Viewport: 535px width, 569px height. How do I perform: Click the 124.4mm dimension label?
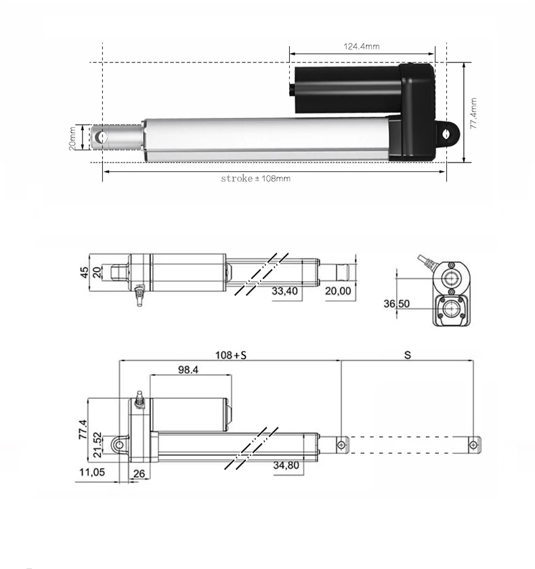[362, 46]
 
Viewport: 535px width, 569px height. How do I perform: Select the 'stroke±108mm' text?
[255, 179]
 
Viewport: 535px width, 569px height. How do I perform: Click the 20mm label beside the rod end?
[72, 138]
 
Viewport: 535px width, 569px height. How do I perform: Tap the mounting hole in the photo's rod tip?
[102, 136]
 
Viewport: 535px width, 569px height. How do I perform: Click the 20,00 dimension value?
[339, 291]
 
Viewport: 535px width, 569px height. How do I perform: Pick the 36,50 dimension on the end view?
[397, 304]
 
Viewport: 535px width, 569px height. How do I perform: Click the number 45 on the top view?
[85, 272]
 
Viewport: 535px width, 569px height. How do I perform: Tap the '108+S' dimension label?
[231, 354]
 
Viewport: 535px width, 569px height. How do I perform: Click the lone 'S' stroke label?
[407, 354]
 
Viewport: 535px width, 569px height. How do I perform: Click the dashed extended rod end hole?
[474, 444]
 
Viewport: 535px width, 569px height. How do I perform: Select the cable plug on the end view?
[426, 260]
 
